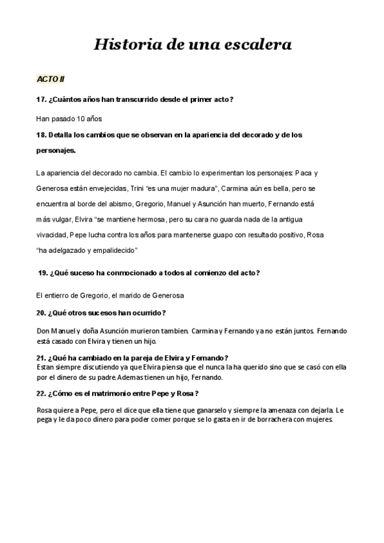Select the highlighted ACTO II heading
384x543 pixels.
[x=51, y=79]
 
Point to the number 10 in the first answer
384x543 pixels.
[x=81, y=118]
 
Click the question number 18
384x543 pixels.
[x=42, y=135]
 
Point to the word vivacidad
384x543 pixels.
[x=53, y=234]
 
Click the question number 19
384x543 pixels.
[x=44, y=273]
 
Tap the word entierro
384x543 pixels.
[x=60, y=295]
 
